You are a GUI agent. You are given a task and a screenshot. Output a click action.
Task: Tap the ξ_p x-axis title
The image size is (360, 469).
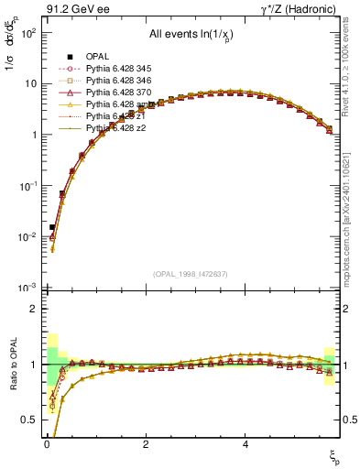(x=334, y=455)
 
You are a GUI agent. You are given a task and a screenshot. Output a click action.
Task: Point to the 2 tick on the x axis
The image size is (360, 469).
(x=146, y=444)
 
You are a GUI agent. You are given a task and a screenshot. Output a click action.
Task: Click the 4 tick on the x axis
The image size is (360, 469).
(x=245, y=444)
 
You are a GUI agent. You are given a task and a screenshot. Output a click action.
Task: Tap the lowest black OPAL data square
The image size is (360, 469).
(x=52, y=226)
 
